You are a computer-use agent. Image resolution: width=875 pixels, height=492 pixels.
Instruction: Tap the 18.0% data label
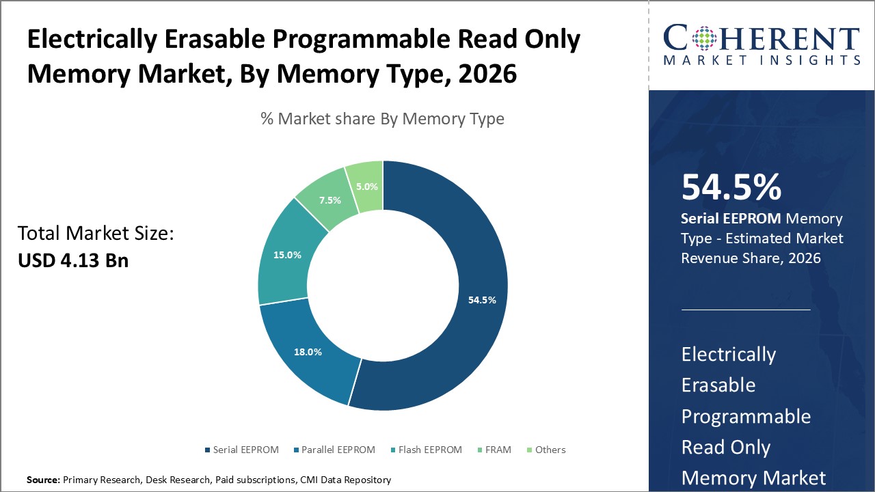pyautogui.click(x=308, y=352)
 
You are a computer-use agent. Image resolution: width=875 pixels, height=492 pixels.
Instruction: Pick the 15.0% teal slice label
pyautogui.click(x=288, y=255)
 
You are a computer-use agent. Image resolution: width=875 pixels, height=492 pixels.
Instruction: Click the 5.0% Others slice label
pyautogui.click(x=366, y=186)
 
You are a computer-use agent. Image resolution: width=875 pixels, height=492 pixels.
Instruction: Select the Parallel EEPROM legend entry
pyautogui.click(x=337, y=450)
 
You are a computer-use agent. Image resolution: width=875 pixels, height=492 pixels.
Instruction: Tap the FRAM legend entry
pyautogui.click(x=496, y=450)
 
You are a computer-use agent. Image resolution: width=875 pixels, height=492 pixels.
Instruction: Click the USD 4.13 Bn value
pyautogui.click(x=73, y=260)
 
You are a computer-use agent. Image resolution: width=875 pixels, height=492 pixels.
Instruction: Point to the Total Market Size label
pyautogui.click(x=96, y=234)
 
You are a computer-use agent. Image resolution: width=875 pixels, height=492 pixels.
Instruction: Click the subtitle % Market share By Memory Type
pyautogui.click(x=382, y=119)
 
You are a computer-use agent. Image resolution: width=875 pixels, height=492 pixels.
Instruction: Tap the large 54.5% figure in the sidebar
pyautogui.click(x=731, y=187)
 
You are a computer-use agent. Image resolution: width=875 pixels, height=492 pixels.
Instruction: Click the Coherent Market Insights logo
pyautogui.click(x=761, y=44)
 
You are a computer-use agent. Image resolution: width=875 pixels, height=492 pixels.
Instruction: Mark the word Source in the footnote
pyautogui.click(x=43, y=480)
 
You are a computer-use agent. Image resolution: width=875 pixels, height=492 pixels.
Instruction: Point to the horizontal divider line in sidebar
pyautogui.click(x=746, y=310)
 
